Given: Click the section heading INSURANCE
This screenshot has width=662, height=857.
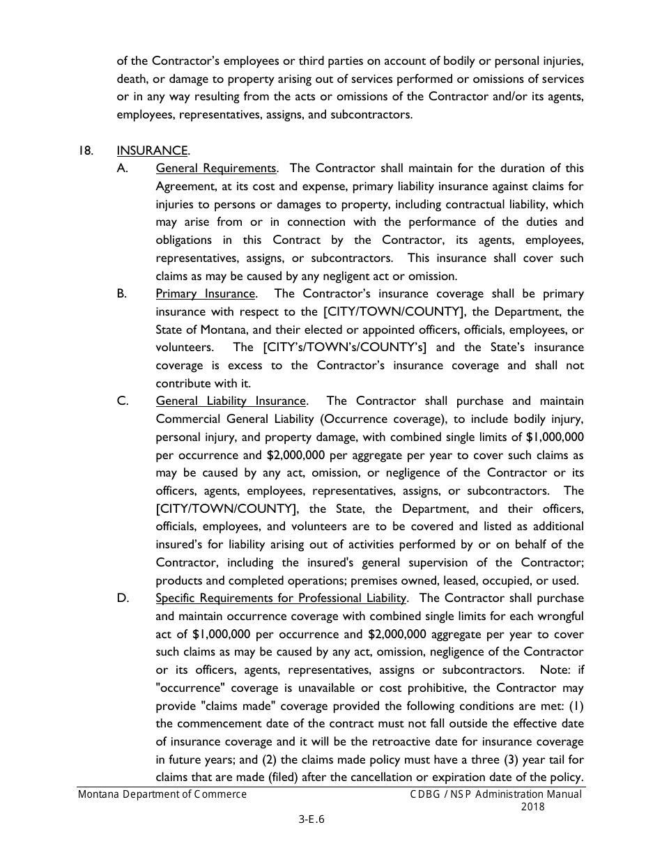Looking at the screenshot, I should pos(152,150).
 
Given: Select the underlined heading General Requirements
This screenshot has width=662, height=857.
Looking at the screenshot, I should pos(216,169).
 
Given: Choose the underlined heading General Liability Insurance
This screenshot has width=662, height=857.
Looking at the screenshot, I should pos(231,401).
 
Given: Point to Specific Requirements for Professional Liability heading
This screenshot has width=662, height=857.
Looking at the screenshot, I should pos(281,599).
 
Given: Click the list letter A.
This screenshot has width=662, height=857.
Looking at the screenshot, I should pos(122,169).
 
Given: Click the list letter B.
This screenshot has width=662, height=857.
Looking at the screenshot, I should pos(122,294).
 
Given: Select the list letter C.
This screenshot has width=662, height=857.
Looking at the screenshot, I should pos(122,401).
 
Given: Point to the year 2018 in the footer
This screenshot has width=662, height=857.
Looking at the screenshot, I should pos(532,807).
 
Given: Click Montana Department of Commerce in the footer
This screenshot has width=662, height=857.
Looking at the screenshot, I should pos(162,794).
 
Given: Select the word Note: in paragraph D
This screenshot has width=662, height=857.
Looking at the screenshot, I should pos(554,670).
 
